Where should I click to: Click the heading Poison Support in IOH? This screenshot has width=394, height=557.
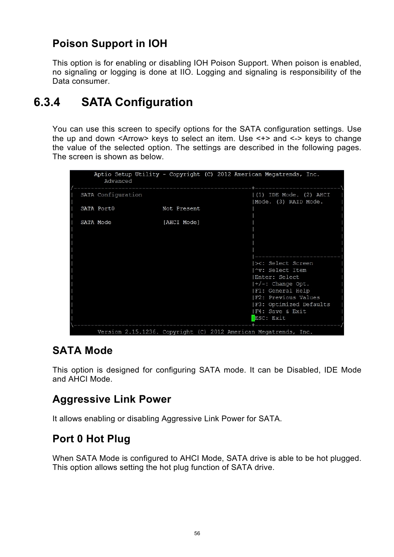[109, 44]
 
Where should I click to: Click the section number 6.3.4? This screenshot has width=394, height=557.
[47, 102]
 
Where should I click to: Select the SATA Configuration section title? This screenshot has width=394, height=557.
[137, 102]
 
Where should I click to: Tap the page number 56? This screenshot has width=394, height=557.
[197, 533]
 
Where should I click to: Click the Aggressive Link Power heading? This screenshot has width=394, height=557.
[112, 399]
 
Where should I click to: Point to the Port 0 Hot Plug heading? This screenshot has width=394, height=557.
[91, 439]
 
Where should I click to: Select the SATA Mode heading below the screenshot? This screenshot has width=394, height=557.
[82, 351]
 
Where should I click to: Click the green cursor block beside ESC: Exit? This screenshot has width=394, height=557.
[253, 318]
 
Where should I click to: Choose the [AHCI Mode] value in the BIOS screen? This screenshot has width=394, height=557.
[181, 222]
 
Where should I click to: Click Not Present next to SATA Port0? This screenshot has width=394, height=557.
[181, 209]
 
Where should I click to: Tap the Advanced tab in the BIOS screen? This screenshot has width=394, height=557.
[118, 181]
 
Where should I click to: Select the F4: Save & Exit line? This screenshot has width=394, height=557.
[280, 312]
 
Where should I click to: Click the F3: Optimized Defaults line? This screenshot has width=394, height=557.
[292, 304]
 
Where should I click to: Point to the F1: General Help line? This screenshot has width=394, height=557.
[282, 291]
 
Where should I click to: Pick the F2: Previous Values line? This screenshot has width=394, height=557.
[287, 297]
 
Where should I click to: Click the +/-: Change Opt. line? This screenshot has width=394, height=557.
[282, 284]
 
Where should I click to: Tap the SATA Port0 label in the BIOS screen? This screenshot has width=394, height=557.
[97, 209]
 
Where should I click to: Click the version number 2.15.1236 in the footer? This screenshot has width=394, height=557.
[140, 332]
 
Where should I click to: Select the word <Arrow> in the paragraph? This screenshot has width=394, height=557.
[133, 139]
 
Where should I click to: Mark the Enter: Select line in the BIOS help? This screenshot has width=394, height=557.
[277, 277]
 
